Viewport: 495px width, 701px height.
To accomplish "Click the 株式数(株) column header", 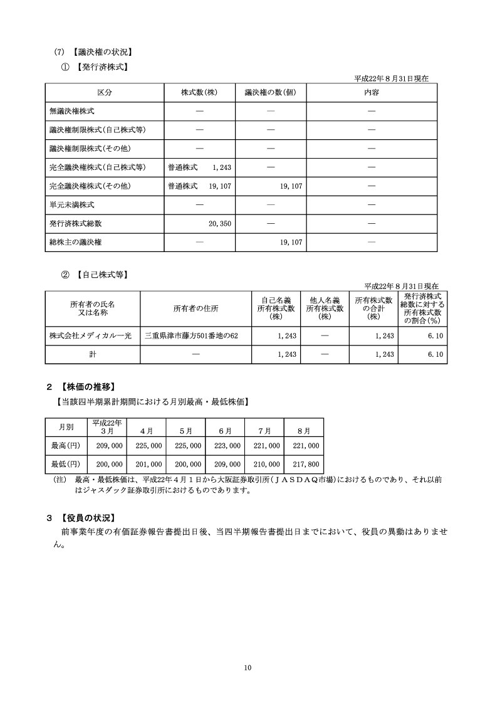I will pyautogui.click(x=199, y=93).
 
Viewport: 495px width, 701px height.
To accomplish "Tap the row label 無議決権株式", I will pyautogui.click(x=72, y=111).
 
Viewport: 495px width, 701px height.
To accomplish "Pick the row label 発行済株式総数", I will pyautogui.click(x=76, y=223).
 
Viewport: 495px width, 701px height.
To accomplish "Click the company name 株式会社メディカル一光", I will pyautogui.click(x=91, y=336).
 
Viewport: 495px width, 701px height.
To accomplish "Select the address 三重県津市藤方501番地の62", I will pyautogui.click(x=191, y=336).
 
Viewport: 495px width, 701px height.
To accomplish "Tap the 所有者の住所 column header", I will pyautogui.click(x=195, y=308).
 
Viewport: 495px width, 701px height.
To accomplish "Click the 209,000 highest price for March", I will pyautogui.click(x=108, y=445).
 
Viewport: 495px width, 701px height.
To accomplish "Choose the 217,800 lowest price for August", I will pyautogui.click(x=305, y=465).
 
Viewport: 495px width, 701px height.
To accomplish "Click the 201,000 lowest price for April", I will pyautogui.click(x=148, y=465).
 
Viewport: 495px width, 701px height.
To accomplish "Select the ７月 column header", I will pyautogui.click(x=265, y=431).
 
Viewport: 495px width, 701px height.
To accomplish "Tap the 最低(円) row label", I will pyautogui.click(x=65, y=465).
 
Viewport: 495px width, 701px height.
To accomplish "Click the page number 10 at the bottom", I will pyautogui.click(x=247, y=668).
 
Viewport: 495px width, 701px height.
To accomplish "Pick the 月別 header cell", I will pyautogui.click(x=65, y=427).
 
